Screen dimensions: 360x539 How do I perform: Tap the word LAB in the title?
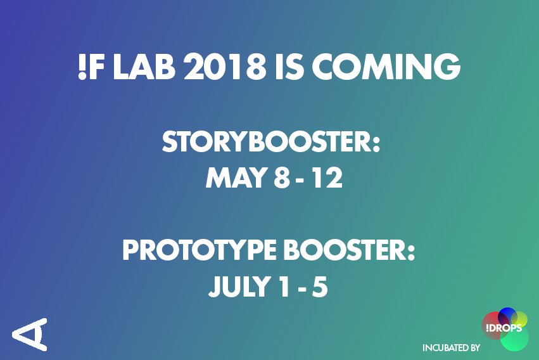tap(148, 67)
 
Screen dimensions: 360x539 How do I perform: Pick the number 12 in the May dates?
tap(328, 179)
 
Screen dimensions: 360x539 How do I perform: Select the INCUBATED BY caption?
tap(451, 347)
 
